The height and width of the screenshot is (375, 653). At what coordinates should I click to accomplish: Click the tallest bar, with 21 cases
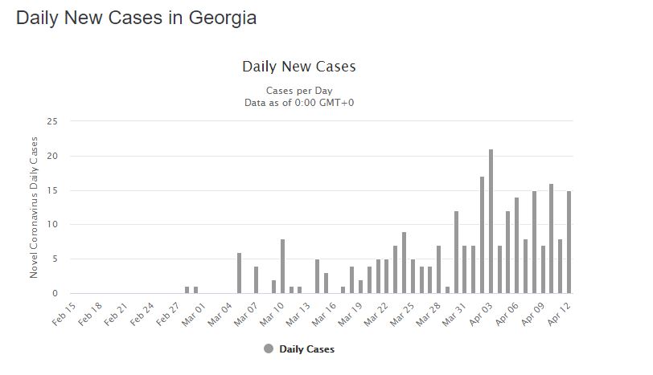[x=491, y=222]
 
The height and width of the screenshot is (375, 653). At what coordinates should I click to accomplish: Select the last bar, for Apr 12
[x=569, y=242]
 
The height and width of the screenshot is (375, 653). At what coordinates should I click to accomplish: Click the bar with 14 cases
[x=516, y=245]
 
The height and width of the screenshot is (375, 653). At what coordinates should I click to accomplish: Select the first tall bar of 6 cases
[x=239, y=273]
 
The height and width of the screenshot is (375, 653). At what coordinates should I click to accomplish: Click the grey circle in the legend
[x=268, y=349]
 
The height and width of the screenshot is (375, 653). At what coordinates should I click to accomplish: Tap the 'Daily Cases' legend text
[x=306, y=349]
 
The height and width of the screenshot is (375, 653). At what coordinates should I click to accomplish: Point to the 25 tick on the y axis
[x=53, y=121]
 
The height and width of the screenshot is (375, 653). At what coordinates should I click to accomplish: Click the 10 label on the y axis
[x=53, y=225]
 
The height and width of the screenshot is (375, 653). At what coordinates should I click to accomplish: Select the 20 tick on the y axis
[x=53, y=156]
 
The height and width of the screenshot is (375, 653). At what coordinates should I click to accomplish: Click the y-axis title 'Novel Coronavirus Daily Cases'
[x=34, y=207]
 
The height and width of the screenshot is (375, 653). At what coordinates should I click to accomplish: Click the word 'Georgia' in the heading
[x=221, y=18]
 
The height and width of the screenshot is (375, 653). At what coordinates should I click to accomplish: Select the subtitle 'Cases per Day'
[x=299, y=91]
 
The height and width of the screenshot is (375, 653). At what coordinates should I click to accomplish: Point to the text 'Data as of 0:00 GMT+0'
[x=299, y=102]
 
